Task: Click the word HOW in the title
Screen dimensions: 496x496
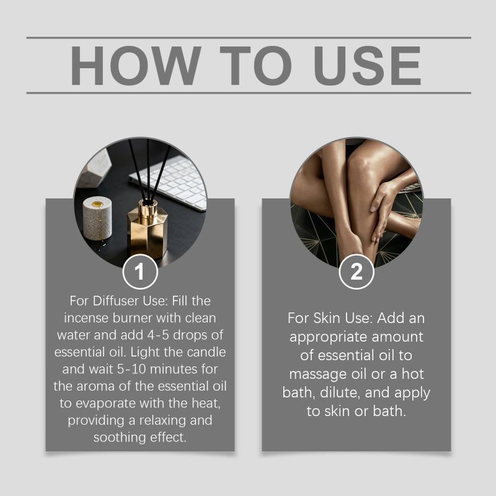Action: [135, 66]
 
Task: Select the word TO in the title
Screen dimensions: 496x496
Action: [255, 66]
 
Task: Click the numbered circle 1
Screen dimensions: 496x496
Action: [140, 272]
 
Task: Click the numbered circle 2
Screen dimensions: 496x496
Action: [356, 272]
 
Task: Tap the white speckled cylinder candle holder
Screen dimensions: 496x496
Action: [97, 218]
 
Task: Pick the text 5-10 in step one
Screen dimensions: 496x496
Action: [131, 369]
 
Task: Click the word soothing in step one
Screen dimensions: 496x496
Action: [120, 438]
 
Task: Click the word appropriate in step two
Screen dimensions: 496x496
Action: [329, 337]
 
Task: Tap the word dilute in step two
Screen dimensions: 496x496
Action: [340, 392]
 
